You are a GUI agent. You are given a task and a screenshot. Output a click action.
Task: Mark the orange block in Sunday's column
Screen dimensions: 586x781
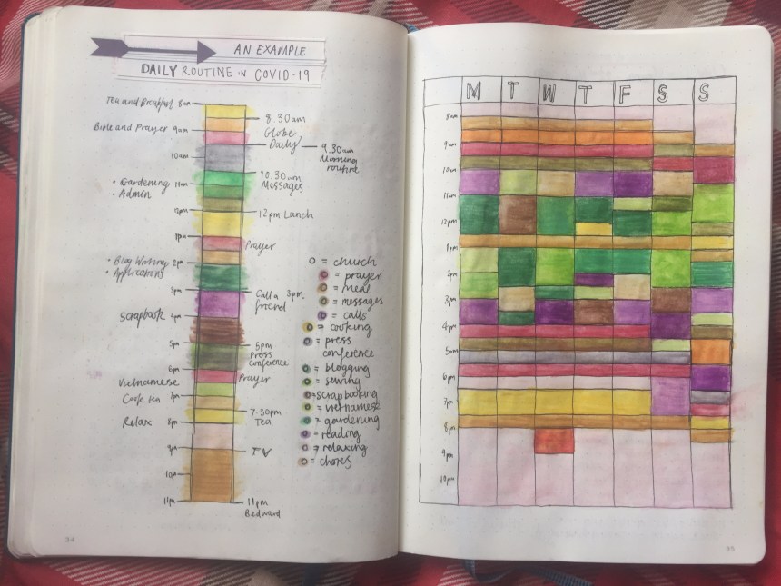click(711, 353)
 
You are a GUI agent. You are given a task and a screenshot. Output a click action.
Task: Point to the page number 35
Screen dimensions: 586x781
click(731, 547)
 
